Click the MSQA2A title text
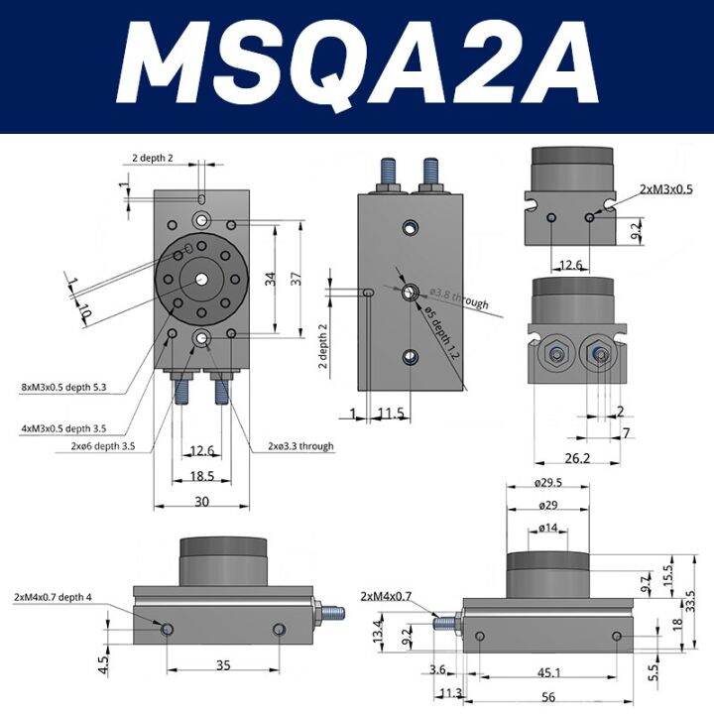coord(357,67)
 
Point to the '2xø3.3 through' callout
coord(300,447)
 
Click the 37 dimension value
coord(296,281)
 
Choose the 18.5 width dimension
coord(202,477)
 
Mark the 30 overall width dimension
coord(202,503)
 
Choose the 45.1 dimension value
coord(547,672)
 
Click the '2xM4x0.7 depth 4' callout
coord(54,597)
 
